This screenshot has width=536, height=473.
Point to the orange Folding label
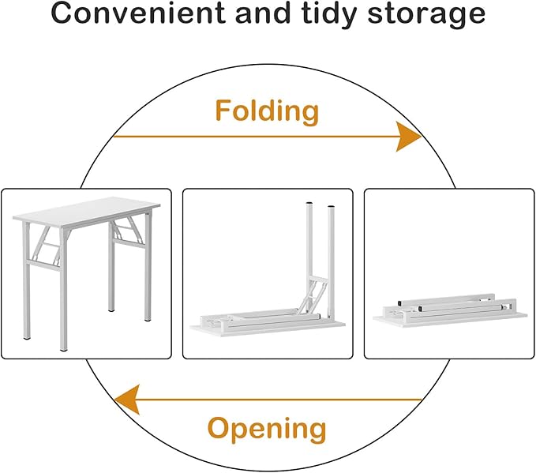tap(267, 111)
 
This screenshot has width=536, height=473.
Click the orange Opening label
tap(267, 429)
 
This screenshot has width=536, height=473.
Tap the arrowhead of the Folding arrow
tap(408, 137)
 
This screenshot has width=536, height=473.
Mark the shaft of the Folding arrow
tap(253, 137)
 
